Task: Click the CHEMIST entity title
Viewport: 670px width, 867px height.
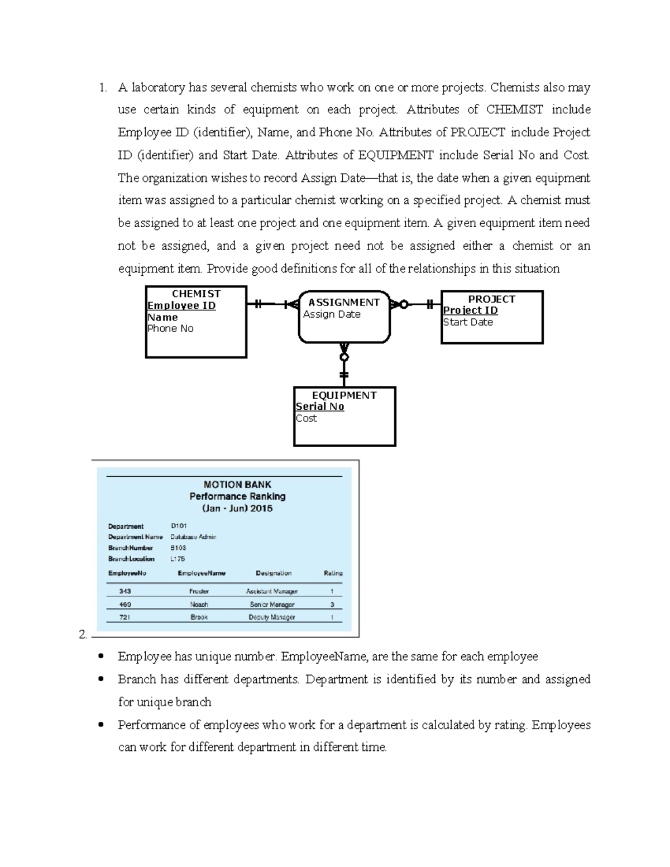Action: coord(196,294)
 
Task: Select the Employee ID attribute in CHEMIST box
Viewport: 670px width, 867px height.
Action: coord(181,305)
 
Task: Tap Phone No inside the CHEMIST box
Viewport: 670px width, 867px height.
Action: coord(170,329)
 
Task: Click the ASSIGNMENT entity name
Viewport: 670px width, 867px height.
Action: coord(344,303)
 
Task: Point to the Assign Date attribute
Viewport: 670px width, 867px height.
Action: coord(332,314)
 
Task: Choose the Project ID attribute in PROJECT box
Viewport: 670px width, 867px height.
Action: coord(470,310)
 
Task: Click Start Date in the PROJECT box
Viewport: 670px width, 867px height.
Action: coord(468,322)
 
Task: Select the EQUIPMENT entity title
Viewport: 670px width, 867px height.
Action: coord(344,395)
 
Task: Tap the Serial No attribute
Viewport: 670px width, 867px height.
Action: coord(320,407)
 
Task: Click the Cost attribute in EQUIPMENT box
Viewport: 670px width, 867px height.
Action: coord(307,419)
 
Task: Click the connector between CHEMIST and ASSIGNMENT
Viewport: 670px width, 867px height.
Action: coord(272,304)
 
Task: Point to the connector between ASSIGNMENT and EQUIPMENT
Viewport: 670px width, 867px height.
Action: coord(344,365)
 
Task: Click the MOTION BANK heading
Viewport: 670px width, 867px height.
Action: coord(237,485)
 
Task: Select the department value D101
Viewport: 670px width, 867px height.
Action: coord(179,526)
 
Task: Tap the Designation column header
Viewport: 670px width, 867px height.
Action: coord(274,573)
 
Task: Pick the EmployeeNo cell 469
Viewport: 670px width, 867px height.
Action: coord(125,604)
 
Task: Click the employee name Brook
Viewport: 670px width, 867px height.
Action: coord(199,617)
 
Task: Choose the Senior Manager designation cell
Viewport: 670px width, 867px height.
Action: coord(272,604)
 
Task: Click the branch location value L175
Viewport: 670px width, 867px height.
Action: coord(178,558)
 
